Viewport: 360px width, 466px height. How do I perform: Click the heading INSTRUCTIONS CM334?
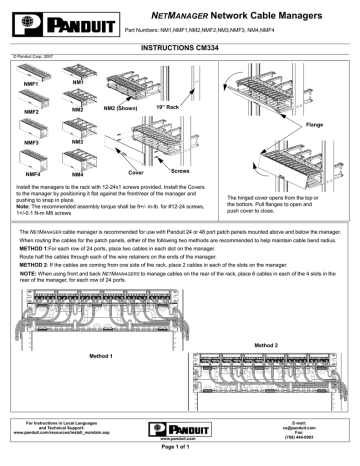coord(179,47)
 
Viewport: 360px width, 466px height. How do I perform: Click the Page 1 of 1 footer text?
coord(179,457)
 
